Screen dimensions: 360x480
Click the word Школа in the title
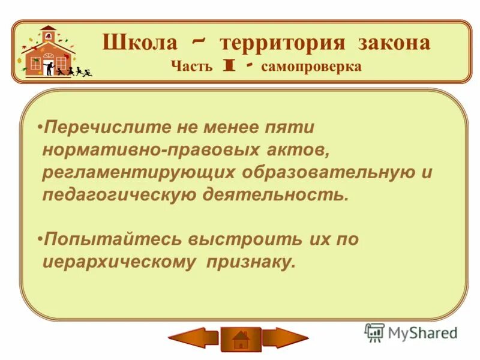click(139, 43)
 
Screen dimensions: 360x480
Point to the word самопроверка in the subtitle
click(311, 66)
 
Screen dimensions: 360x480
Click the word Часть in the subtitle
click(191, 66)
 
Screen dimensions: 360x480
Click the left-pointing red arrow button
click(193, 338)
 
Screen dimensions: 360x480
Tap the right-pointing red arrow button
click(286, 338)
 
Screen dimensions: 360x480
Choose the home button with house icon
click(240, 340)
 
